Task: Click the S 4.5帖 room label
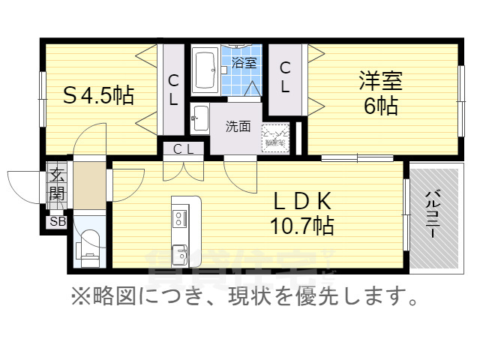(97, 96)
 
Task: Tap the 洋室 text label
(381, 80)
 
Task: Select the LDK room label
(302, 201)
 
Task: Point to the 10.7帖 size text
(302, 224)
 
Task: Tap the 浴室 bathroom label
(244, 63)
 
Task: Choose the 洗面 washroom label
(238, 125)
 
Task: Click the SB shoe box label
(57, 221)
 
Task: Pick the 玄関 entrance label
(57, 185)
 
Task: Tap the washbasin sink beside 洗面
(200, 117)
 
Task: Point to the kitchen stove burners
(180, 218)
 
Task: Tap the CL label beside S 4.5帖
(172, 90)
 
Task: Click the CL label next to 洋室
(285, 77)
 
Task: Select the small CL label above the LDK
(184, 148)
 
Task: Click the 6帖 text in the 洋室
(381, 106)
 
